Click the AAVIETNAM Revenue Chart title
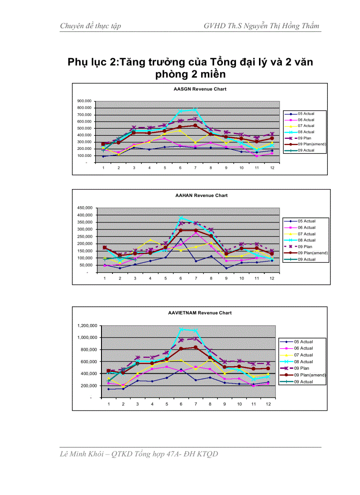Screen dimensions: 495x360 200,313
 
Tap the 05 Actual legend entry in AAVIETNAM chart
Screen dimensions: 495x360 303,342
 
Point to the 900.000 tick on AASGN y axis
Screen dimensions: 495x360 84,101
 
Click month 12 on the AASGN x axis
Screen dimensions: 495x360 272,168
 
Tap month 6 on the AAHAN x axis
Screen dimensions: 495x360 180,278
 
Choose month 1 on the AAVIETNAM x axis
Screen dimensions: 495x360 109,403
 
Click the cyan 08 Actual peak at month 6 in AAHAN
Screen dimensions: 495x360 180,217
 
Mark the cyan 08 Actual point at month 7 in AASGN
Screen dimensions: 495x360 195,110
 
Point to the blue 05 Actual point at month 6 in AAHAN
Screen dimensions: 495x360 180,239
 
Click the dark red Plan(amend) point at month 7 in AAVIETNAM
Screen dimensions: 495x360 195,347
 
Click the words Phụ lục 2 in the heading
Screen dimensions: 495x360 92,62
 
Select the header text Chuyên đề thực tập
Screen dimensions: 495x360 90,26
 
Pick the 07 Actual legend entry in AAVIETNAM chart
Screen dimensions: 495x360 303,355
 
